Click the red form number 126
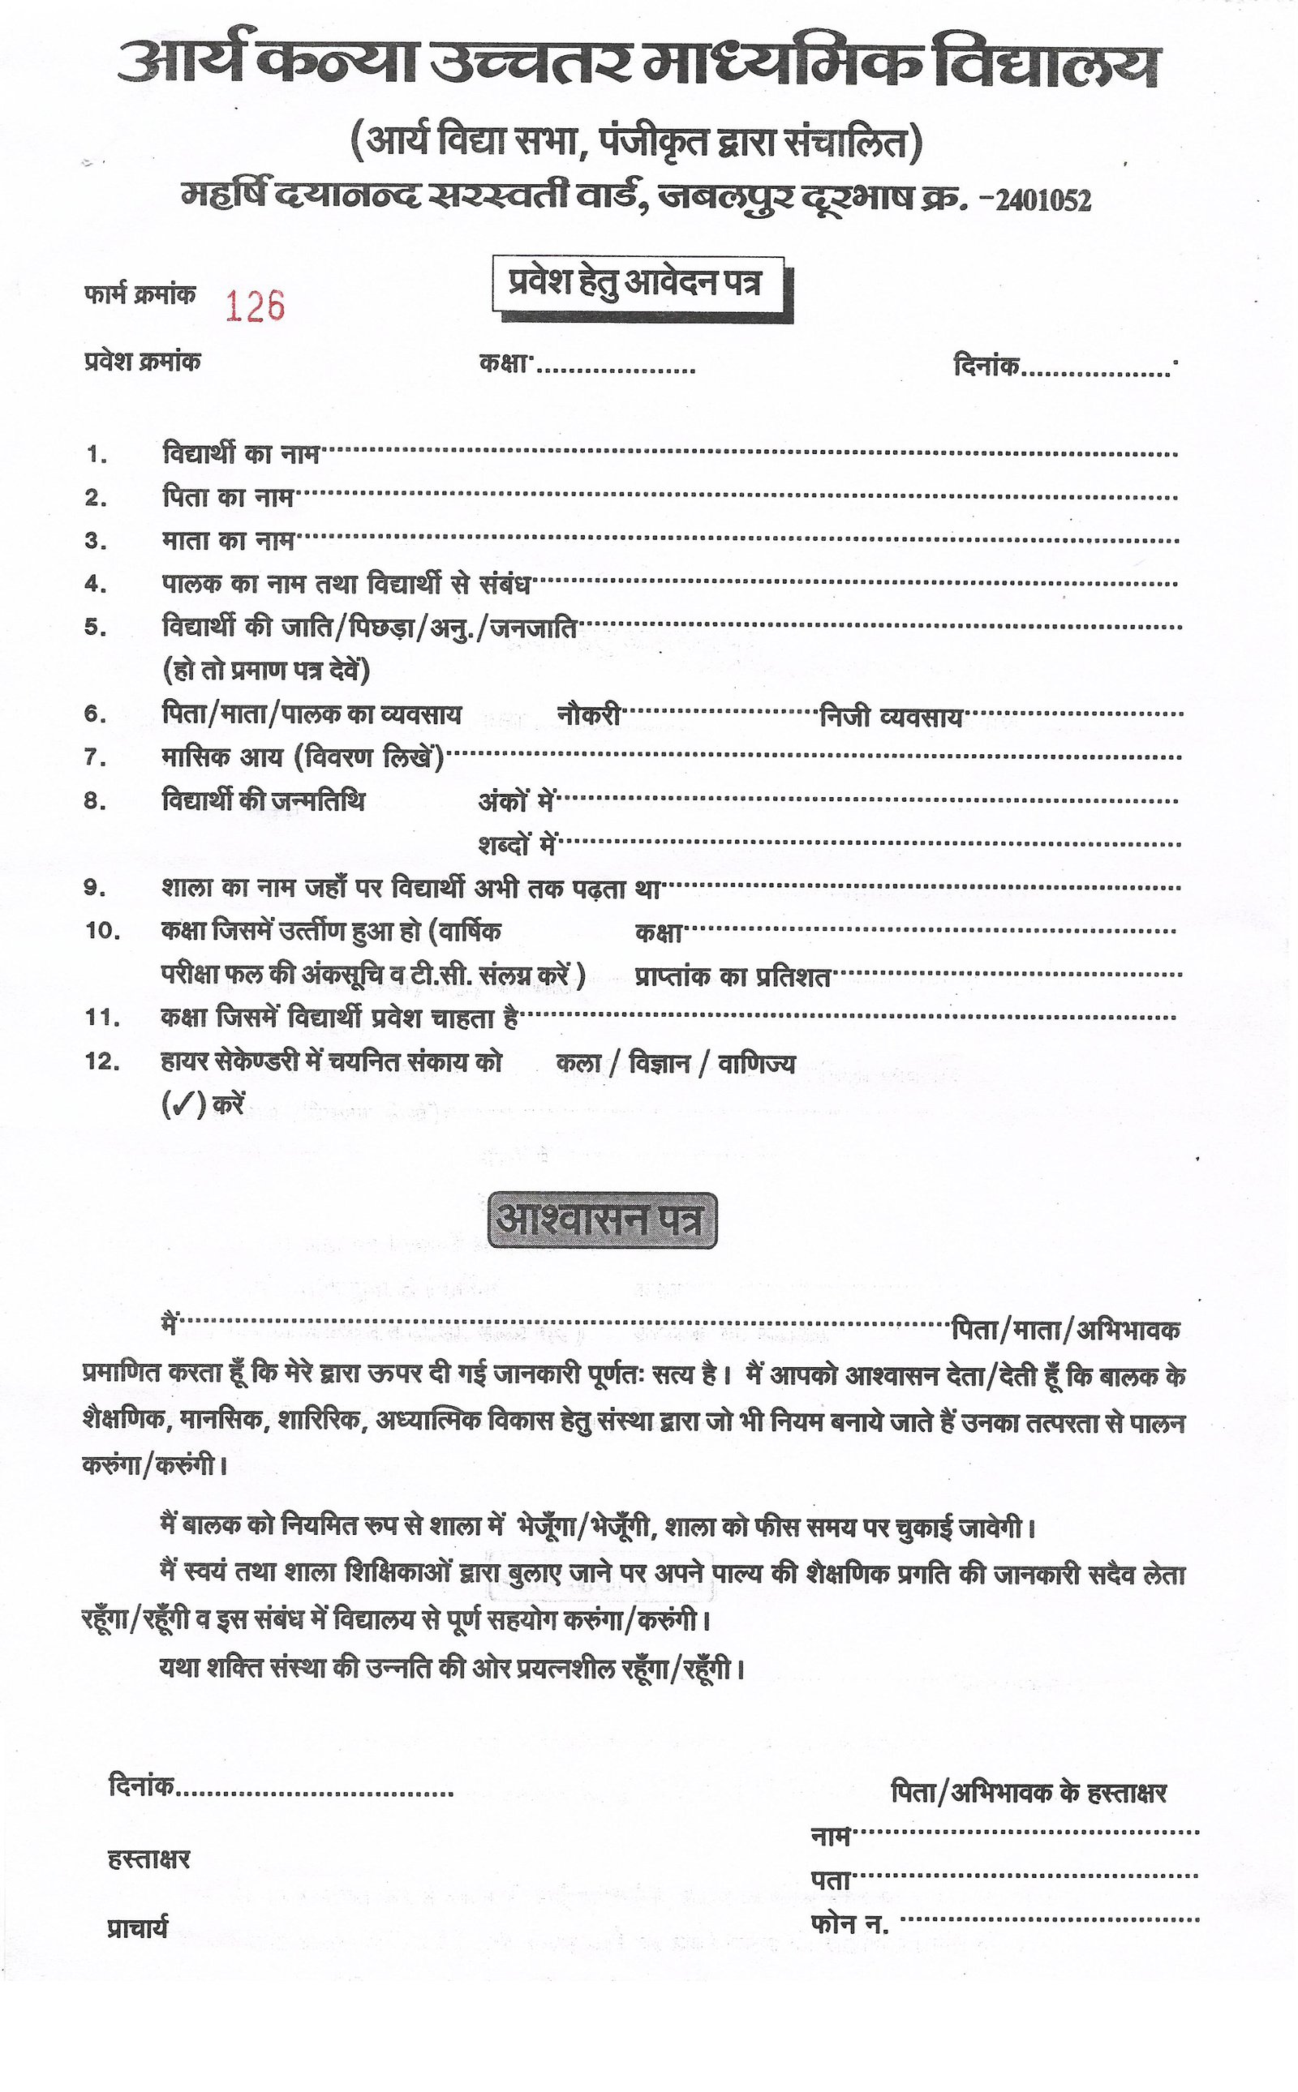click(x=254, y=307)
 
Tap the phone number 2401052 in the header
click(x=1043, y=202)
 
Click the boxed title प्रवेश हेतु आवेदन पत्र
click(x=635, y=283)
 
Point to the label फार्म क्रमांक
click(x=140, y=295)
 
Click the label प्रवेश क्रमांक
click(x=143, y=362)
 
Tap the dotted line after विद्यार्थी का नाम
click(x=747, y=453)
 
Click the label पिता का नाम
click(x=228, y=497)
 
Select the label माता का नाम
click(x=228, y=541)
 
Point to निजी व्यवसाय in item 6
click(x=890, y=717)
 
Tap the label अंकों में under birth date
click(x=516, y=801)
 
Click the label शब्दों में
click(x=518, y=845)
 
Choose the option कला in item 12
click(x=578, y=1063)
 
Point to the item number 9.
click(x=95, y=889)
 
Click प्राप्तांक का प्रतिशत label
click(x=733, y=976)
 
